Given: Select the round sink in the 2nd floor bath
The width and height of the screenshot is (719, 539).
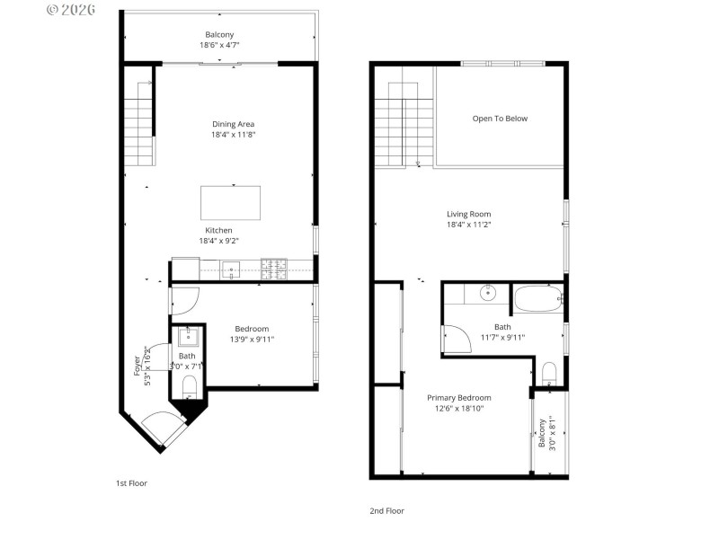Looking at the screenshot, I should click(486, 292).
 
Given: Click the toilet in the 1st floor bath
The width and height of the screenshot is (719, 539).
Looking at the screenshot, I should click(189, 386).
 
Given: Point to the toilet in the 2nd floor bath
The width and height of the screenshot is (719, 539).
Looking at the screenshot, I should click(547, 371).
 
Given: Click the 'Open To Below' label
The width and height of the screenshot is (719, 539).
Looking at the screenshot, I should click(500, 119).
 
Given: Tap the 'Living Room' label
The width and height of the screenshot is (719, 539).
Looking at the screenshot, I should click(469, 214).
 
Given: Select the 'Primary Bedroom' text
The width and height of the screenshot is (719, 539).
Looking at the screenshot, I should click(458, 397).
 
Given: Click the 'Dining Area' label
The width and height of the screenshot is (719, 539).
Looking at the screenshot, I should click(233, 124).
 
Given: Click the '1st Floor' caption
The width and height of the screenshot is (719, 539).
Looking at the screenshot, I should click(131, 483).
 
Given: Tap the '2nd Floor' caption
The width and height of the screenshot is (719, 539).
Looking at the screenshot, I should click(386, 510).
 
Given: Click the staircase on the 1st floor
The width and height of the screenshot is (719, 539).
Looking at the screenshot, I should click(138, 122).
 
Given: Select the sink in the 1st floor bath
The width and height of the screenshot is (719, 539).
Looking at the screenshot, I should click(189, 338).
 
